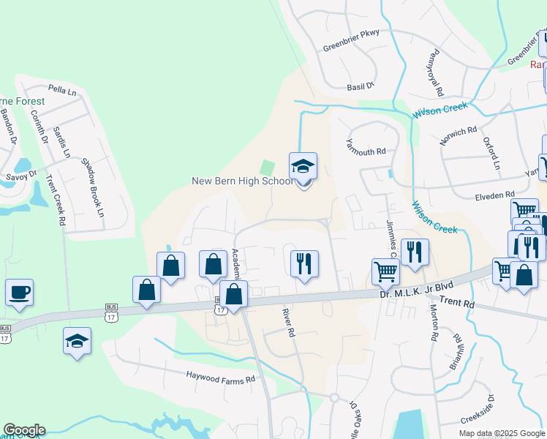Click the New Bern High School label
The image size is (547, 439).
click(241, 181)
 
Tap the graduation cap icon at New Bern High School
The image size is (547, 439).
click(303, 168)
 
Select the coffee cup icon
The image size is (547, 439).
click(19, 293)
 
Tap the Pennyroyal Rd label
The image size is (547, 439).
click(437, 75)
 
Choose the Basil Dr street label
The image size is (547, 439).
click(361, 86)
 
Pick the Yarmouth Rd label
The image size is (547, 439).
click(365, 151)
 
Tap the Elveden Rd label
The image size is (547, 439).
click(494, 195)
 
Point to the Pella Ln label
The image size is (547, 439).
click(62, 89)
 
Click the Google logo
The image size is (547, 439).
click(24, 430)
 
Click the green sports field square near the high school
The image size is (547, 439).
click(268, 168)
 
